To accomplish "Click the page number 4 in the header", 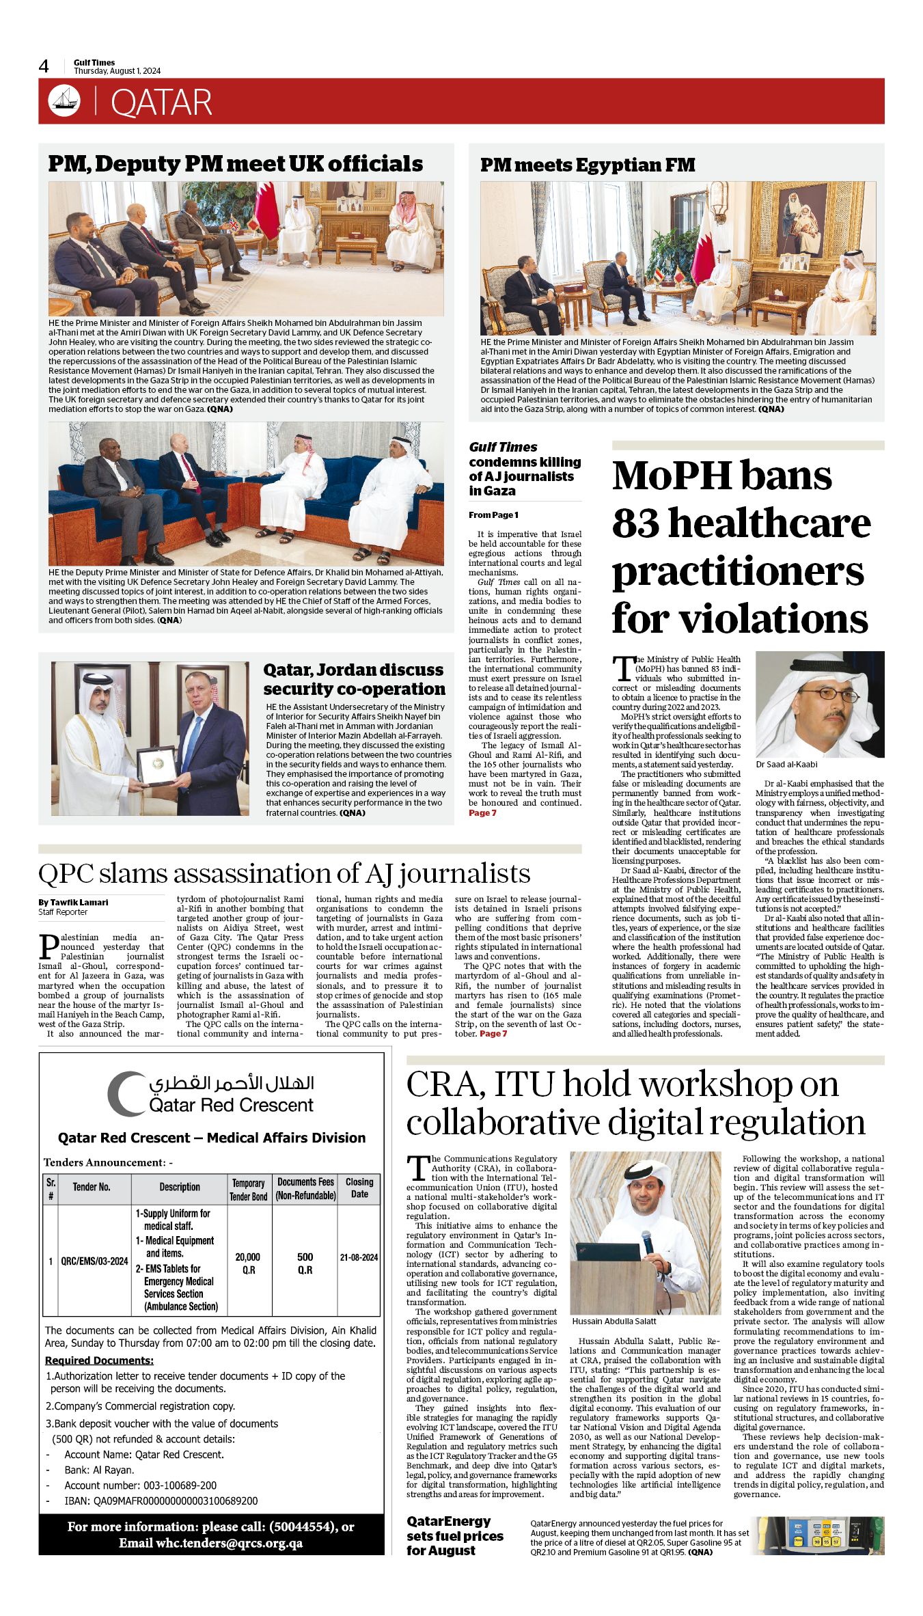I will tap(44, 66).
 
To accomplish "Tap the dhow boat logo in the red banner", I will tap(64, 101).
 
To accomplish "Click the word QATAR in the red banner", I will tap(161, 102).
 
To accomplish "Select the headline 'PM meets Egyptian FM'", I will tap(588, 165).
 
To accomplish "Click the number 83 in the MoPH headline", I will tap(637, 523).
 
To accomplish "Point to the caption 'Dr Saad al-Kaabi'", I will tap(786, 765).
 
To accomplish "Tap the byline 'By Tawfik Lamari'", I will tap(73, 902).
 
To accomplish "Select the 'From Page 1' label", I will tap(493, 515).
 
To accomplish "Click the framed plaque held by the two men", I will tap(156, 766).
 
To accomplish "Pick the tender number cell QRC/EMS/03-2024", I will tap(94, 1261).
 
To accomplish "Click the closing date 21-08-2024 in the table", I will tap(359, 1257).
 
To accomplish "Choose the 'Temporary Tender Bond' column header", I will tap(248, 1190).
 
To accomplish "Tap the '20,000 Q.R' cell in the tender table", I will tap(248, 1263).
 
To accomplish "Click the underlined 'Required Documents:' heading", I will tap(99, 1360).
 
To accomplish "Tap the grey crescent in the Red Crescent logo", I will tap(124, 1095).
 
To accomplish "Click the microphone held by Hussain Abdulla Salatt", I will tap(646, 1240).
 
